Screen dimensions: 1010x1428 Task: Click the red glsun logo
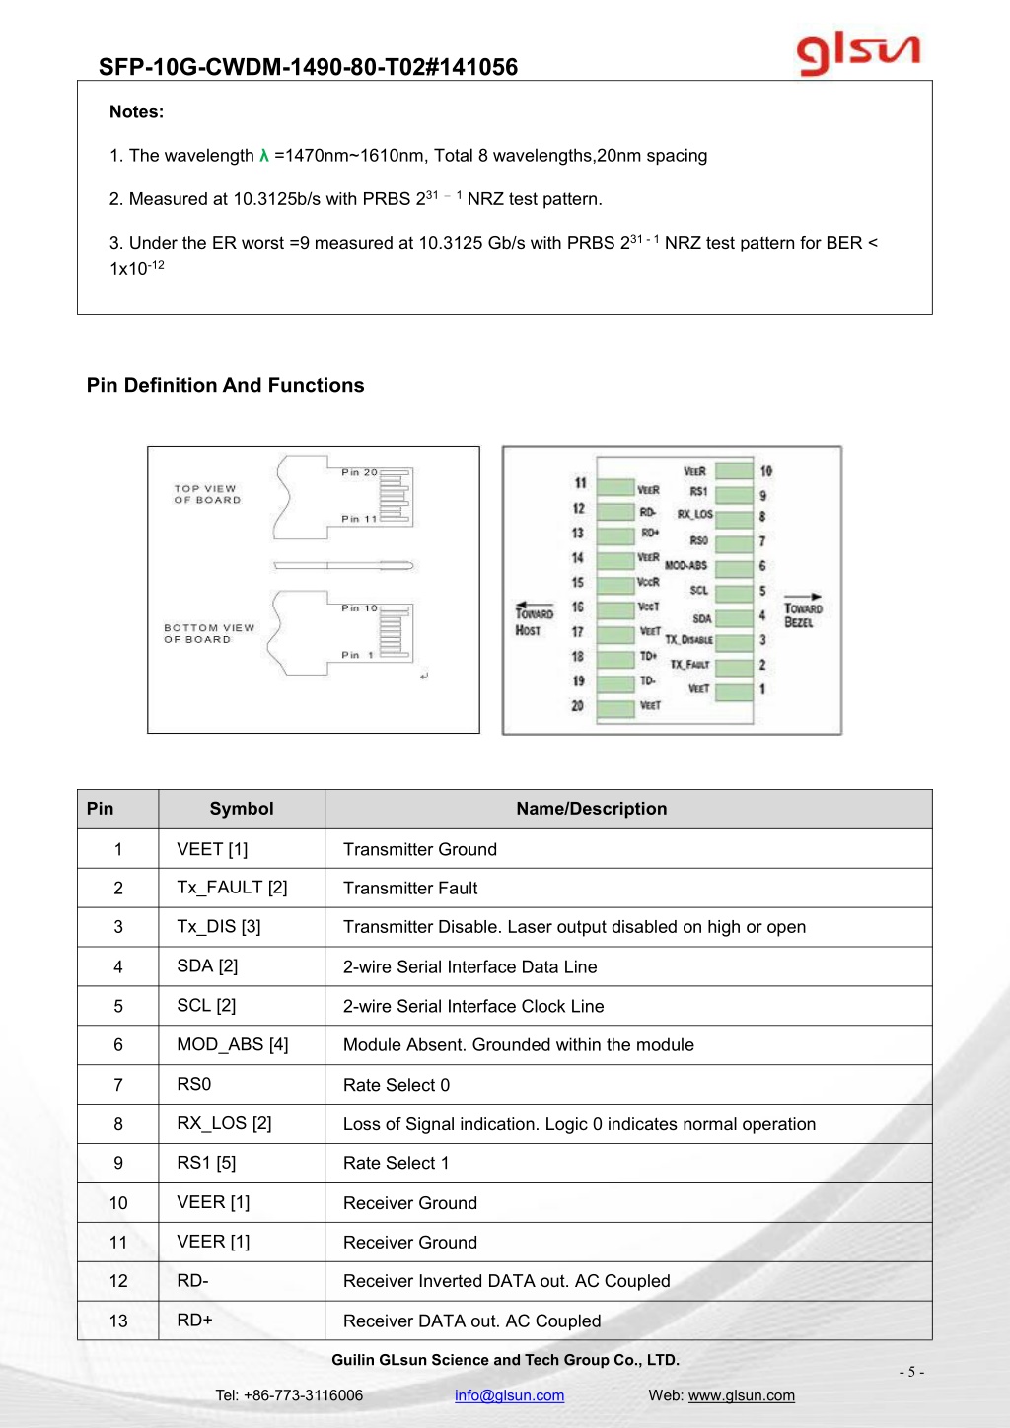point(858,55)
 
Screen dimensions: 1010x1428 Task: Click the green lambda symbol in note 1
point(264,155)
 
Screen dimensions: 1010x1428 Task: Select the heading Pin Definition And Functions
point(225,385)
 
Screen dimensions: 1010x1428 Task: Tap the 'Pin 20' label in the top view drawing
point(359,472)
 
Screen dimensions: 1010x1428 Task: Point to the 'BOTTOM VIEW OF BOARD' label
point(209,633)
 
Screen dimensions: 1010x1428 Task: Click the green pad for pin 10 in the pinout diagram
point(734,470)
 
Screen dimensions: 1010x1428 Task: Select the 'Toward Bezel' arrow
point(803,596)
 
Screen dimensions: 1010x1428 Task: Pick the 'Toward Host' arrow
point(535,605)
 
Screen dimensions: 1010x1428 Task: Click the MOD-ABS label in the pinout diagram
point(685,565)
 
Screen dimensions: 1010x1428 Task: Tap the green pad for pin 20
point(615,708)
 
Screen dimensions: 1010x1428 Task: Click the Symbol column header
point(242,809)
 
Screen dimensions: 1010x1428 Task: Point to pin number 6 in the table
point(118,1044)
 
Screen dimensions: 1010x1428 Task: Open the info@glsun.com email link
point(509,1395)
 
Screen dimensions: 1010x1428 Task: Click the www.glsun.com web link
point(741,1395)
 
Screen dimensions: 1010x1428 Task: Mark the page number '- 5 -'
point(911,1371)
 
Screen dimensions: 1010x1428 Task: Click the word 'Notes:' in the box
point(136,111)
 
